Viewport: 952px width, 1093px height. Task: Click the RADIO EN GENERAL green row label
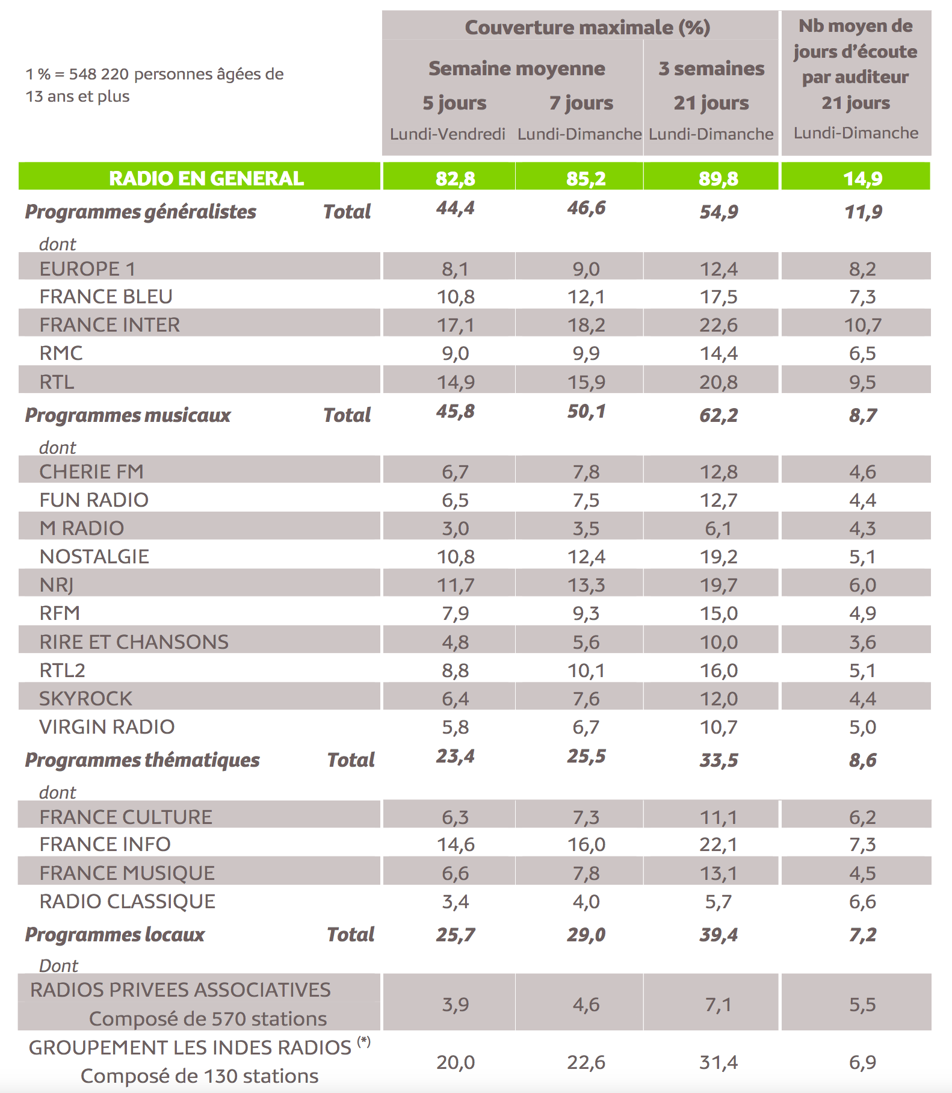[206, 178]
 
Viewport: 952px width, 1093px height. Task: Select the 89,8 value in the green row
[718, 178]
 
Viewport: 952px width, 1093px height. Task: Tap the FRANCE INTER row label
[110, 324]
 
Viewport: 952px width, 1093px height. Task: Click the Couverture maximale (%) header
[587, 28]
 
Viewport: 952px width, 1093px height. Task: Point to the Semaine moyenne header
[516, 69]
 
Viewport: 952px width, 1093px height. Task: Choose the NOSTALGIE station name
[94, 556]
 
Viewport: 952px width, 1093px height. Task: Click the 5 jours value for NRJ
[456, 585]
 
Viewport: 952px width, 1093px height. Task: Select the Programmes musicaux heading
[128, 415]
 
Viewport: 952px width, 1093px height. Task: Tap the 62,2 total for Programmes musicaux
[718, 415]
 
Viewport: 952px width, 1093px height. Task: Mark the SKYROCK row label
[85, 698]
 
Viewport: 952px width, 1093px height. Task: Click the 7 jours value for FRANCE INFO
[586, 844]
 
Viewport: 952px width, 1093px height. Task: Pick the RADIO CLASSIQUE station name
[127, 901]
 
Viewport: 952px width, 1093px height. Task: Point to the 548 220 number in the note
[99, 74]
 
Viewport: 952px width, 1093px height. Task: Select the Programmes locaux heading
[115, 934]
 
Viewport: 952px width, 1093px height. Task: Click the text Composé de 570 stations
[208, 1018]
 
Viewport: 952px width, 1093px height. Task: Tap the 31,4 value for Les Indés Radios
[718, 1062]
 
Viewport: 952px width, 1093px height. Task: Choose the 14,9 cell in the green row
[862, 178]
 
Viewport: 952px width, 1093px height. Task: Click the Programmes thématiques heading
[142, 760]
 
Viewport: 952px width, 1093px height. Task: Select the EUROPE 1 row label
[87, 268]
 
